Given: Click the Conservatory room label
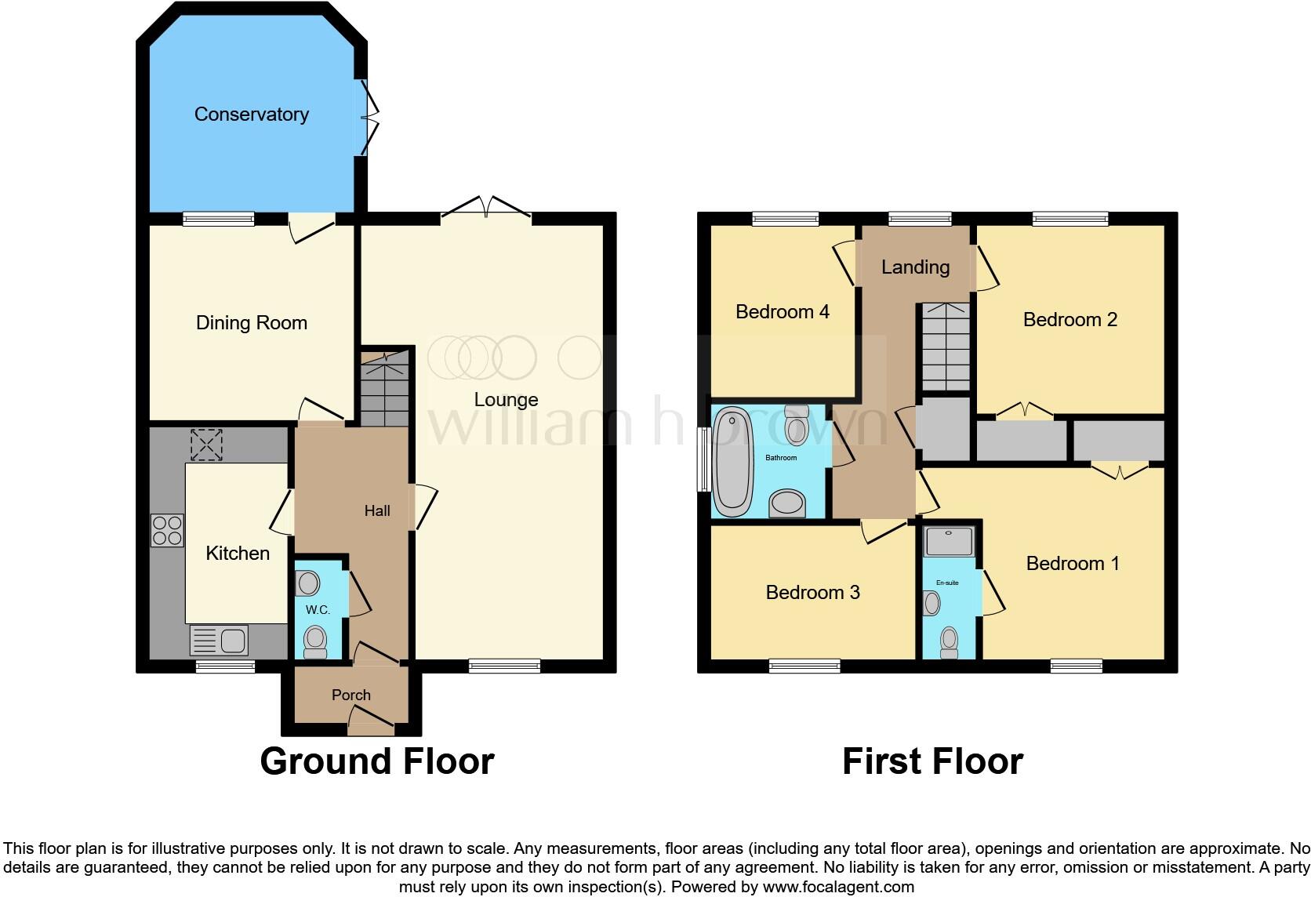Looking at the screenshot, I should point(251,114).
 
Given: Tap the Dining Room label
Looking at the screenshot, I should point(251,323).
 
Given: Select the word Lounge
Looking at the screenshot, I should point(506,400).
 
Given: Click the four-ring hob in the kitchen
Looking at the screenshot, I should point(167,530).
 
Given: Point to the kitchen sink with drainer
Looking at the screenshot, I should point(220,641).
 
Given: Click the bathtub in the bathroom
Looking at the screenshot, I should point(733,461).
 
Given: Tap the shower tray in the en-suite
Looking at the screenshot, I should point(950,541).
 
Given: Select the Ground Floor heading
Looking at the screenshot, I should point(376,761).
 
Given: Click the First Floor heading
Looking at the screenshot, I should point(932,761).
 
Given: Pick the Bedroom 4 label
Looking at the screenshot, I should point(782,312).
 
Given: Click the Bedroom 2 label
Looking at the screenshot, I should point(1069,320).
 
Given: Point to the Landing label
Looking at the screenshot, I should point(915,267).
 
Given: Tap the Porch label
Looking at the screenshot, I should point(350,695).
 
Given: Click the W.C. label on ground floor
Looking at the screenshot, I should point(318,610).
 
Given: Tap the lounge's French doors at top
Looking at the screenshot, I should point(486,206).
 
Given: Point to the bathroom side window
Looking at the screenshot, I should point(703,459).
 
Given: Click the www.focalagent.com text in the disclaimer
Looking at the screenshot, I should point(837,888).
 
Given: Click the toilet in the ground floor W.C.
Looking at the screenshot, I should point(315,641).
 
